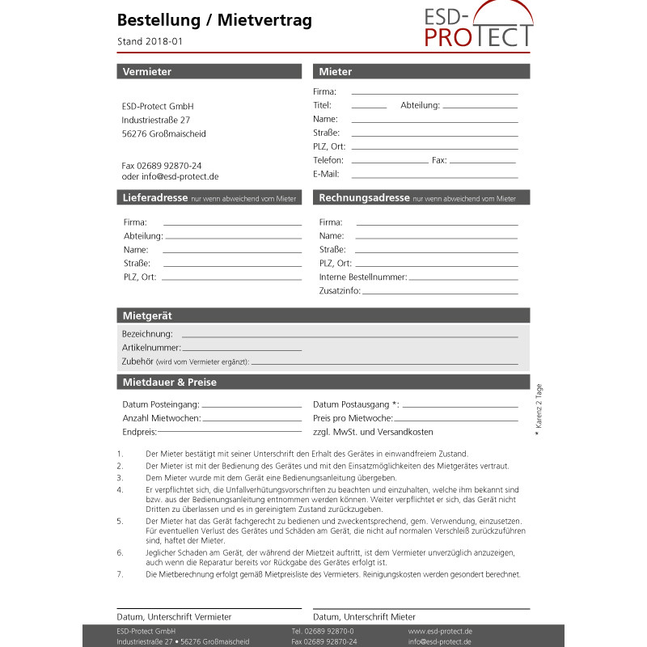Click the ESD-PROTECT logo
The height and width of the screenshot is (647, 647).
click(x=479, y=26)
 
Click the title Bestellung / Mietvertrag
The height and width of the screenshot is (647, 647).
click(x=214, y=20)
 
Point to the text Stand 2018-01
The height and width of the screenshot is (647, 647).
click(x=155, y=41)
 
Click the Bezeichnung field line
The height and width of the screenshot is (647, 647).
click(x=349, y=335)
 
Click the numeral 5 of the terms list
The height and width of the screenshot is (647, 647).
click(x=120, y=522)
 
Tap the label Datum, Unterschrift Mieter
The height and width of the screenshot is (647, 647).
click(x=364, y=617)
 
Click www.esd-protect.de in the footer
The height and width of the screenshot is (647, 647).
click(x=440, y=631)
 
